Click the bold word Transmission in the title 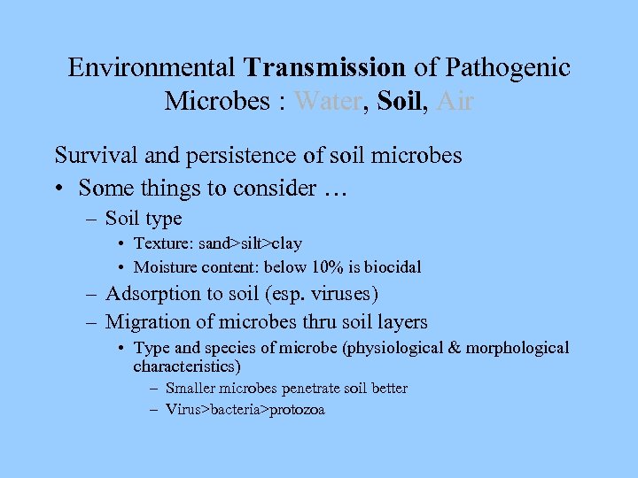(x=325, y=67)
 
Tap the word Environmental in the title (x=152, y=67)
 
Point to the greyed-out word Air (x=455, y=102)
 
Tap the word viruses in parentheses (x=347, y=294)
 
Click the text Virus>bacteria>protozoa (x=245, y=410)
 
